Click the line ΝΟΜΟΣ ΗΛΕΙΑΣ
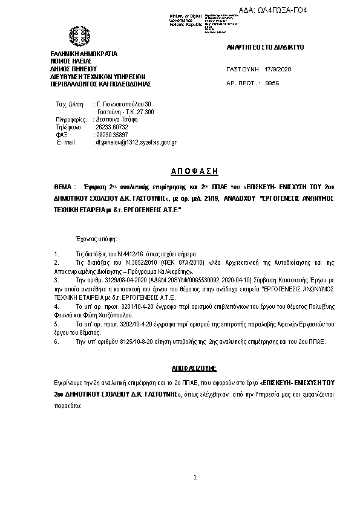[x=71, y=61]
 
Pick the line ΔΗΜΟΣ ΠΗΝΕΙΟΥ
[x=74, y=69]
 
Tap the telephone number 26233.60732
[x=111, y=127]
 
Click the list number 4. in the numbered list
[x=56, y=306]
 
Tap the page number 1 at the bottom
[x=195, y=478]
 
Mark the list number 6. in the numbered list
[x=56, y=342]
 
